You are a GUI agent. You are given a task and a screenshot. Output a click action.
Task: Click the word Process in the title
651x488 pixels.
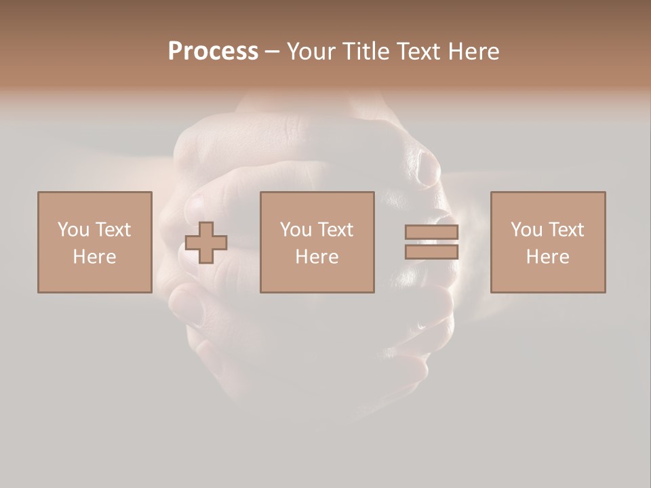213,52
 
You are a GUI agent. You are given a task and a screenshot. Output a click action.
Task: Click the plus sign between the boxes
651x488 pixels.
206,243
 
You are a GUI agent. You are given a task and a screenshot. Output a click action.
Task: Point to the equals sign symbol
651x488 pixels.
431,242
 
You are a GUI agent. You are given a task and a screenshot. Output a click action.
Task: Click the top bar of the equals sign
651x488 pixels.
431,232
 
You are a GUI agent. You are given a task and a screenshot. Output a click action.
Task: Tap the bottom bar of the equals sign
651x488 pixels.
431,251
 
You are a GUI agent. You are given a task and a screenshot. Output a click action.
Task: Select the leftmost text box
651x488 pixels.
94,242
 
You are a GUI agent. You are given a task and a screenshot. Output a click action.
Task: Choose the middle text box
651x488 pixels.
317,242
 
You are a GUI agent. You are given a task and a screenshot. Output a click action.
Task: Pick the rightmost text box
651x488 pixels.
547,242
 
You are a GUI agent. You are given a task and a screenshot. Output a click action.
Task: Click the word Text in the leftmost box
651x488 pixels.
113,230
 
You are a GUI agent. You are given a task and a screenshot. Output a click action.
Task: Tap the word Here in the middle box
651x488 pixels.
317,257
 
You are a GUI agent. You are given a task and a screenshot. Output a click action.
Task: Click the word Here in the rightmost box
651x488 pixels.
547,257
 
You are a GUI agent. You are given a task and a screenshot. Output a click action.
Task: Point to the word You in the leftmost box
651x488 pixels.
74,230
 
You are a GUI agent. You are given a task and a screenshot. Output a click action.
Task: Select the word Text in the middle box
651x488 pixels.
335,230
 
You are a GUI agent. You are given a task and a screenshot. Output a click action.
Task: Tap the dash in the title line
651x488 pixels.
273,52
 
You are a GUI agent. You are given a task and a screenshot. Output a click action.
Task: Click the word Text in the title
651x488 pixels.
420,52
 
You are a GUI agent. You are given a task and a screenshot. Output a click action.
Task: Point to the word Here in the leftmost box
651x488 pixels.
94,257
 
